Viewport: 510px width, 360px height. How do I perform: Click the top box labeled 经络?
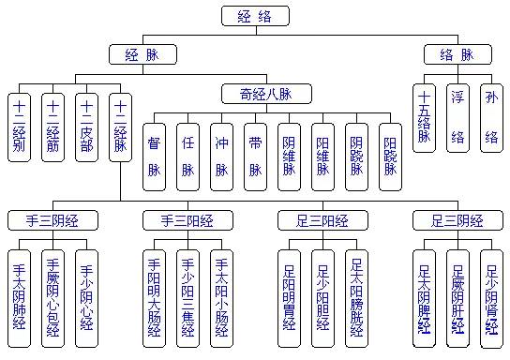click(255, 16)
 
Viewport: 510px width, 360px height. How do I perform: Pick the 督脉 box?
click(155, 156)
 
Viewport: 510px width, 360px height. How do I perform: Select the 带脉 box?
click(255, 156)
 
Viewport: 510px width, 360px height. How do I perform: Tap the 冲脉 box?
click(221, 156)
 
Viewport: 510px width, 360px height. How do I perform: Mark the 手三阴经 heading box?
click(53, 221)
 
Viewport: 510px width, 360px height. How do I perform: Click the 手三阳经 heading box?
click(187, 221)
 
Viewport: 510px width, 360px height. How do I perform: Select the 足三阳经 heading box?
click(322, 221)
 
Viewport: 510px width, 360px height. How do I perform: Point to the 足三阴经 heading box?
click(457, 221)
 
